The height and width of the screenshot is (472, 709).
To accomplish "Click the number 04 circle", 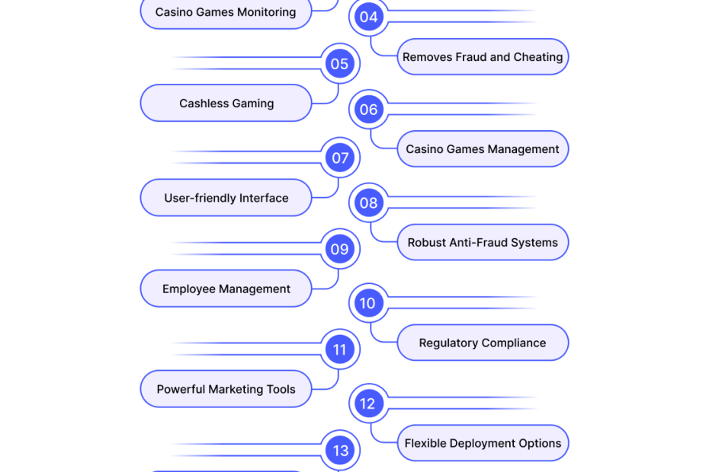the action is tap(368, 17).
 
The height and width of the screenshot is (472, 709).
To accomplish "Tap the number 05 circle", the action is tap(339, 64).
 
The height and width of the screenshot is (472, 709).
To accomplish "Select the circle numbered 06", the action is tap(368, 110).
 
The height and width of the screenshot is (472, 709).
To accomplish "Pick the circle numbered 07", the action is tap(339, 158).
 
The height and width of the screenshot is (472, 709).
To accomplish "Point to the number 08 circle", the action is tap(368, 203).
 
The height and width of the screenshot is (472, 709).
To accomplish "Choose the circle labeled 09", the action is tap(339, 249).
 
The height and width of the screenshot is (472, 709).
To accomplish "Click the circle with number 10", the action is tap(368, 303).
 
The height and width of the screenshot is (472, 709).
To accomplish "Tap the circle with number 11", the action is tap(339, 349).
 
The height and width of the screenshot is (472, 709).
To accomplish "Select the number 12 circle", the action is tap(368, 403).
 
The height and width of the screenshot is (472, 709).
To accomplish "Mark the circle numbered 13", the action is tap(339, 450).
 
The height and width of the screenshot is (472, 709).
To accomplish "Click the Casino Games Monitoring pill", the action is tap(226, 12).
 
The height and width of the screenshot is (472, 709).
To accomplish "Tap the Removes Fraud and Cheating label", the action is tap(483, 57).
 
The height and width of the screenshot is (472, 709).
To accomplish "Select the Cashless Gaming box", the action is tap(226, 103).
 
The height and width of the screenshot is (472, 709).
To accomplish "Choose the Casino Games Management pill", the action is tap(483, 149).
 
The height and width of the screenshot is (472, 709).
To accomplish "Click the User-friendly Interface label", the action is tap(226, 198).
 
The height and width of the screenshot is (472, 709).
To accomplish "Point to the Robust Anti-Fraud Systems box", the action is tap(483, 243).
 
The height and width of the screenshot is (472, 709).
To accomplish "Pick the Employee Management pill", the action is tap(226, 289).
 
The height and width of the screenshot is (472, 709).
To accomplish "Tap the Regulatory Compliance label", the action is tap(483, 343).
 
